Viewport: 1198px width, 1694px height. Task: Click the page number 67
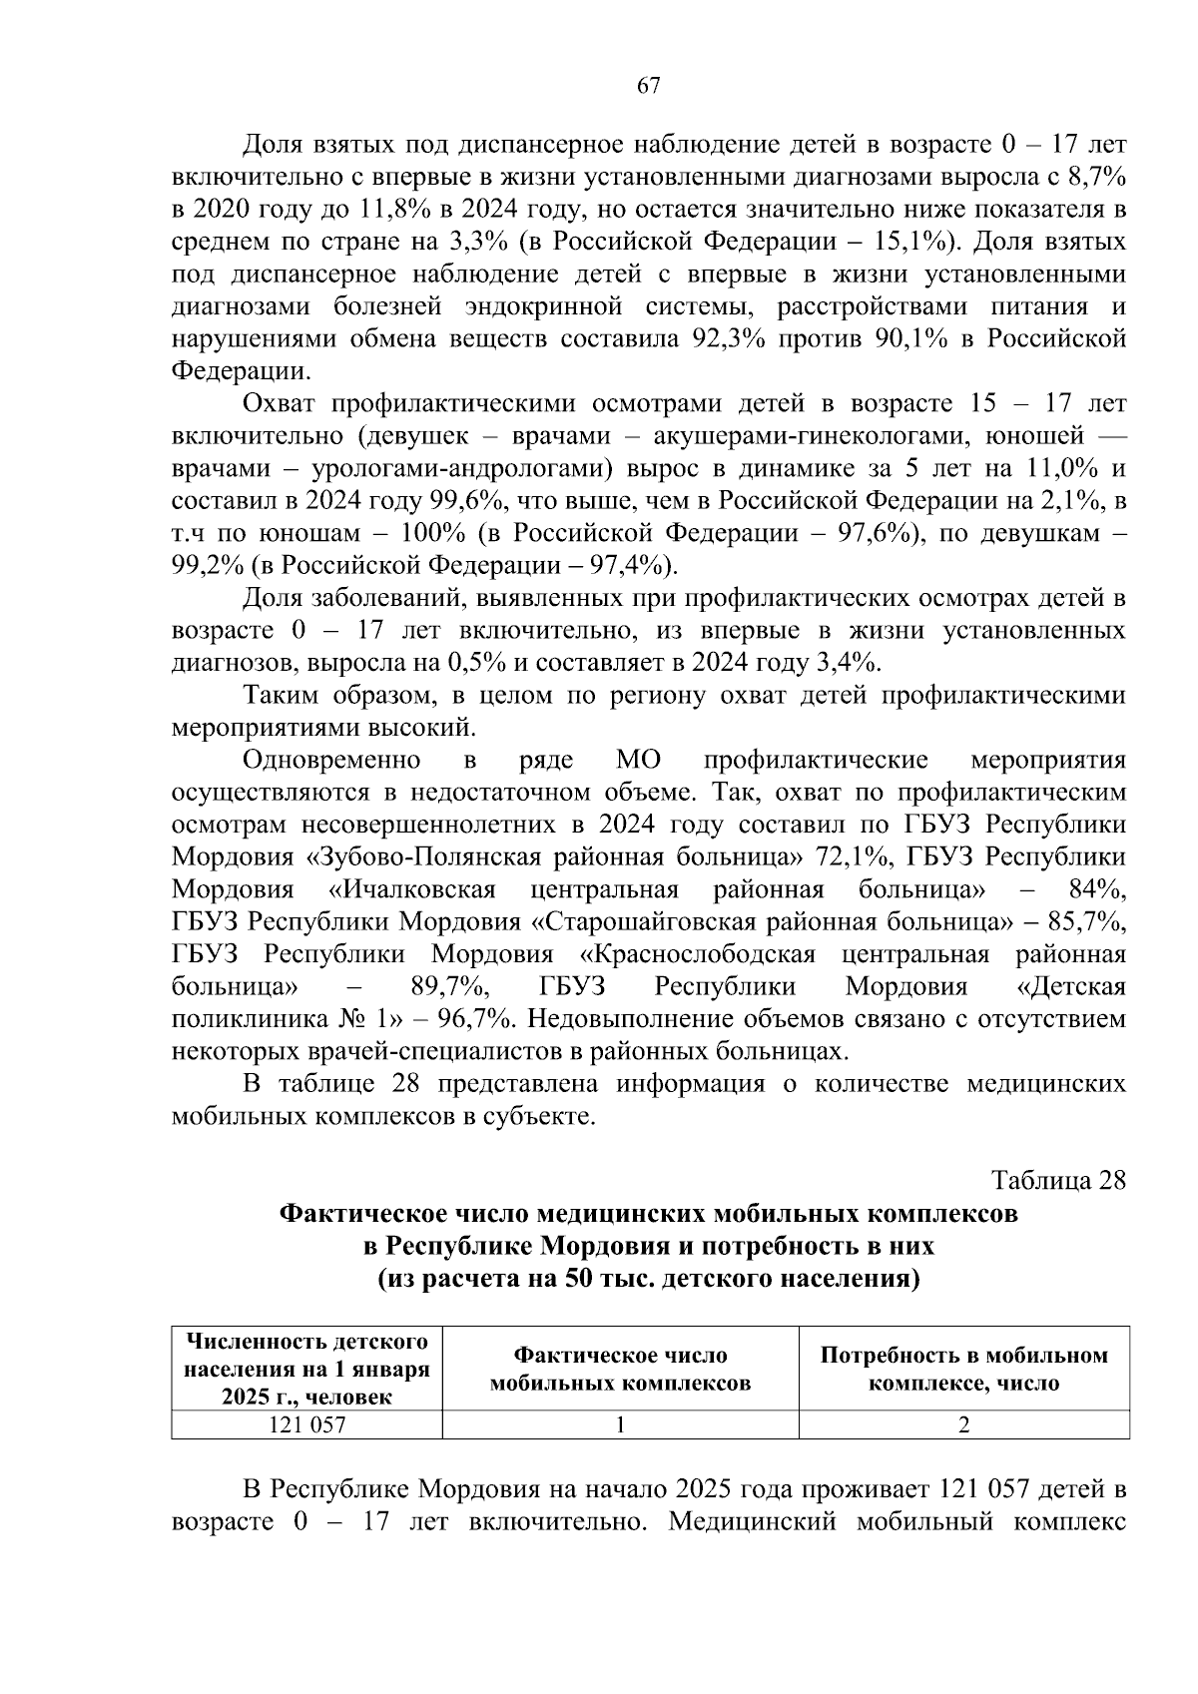tap(649, 86)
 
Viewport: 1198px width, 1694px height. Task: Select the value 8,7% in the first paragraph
tap(1094, 178)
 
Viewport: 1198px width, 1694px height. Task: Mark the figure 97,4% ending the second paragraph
tap(627, 566)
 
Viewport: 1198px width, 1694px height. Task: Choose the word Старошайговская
tap(675, 921)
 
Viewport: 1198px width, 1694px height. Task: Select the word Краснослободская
tap(696, 954)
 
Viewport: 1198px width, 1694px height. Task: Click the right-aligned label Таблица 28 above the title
tap(1058, 1180)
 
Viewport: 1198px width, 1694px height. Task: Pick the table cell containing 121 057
tap(306, 1425)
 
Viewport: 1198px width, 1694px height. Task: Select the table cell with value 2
tap(963, 1425)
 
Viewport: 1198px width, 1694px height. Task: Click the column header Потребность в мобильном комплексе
tap(963, 1370)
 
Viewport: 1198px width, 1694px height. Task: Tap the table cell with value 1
tap(620, 1425)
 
